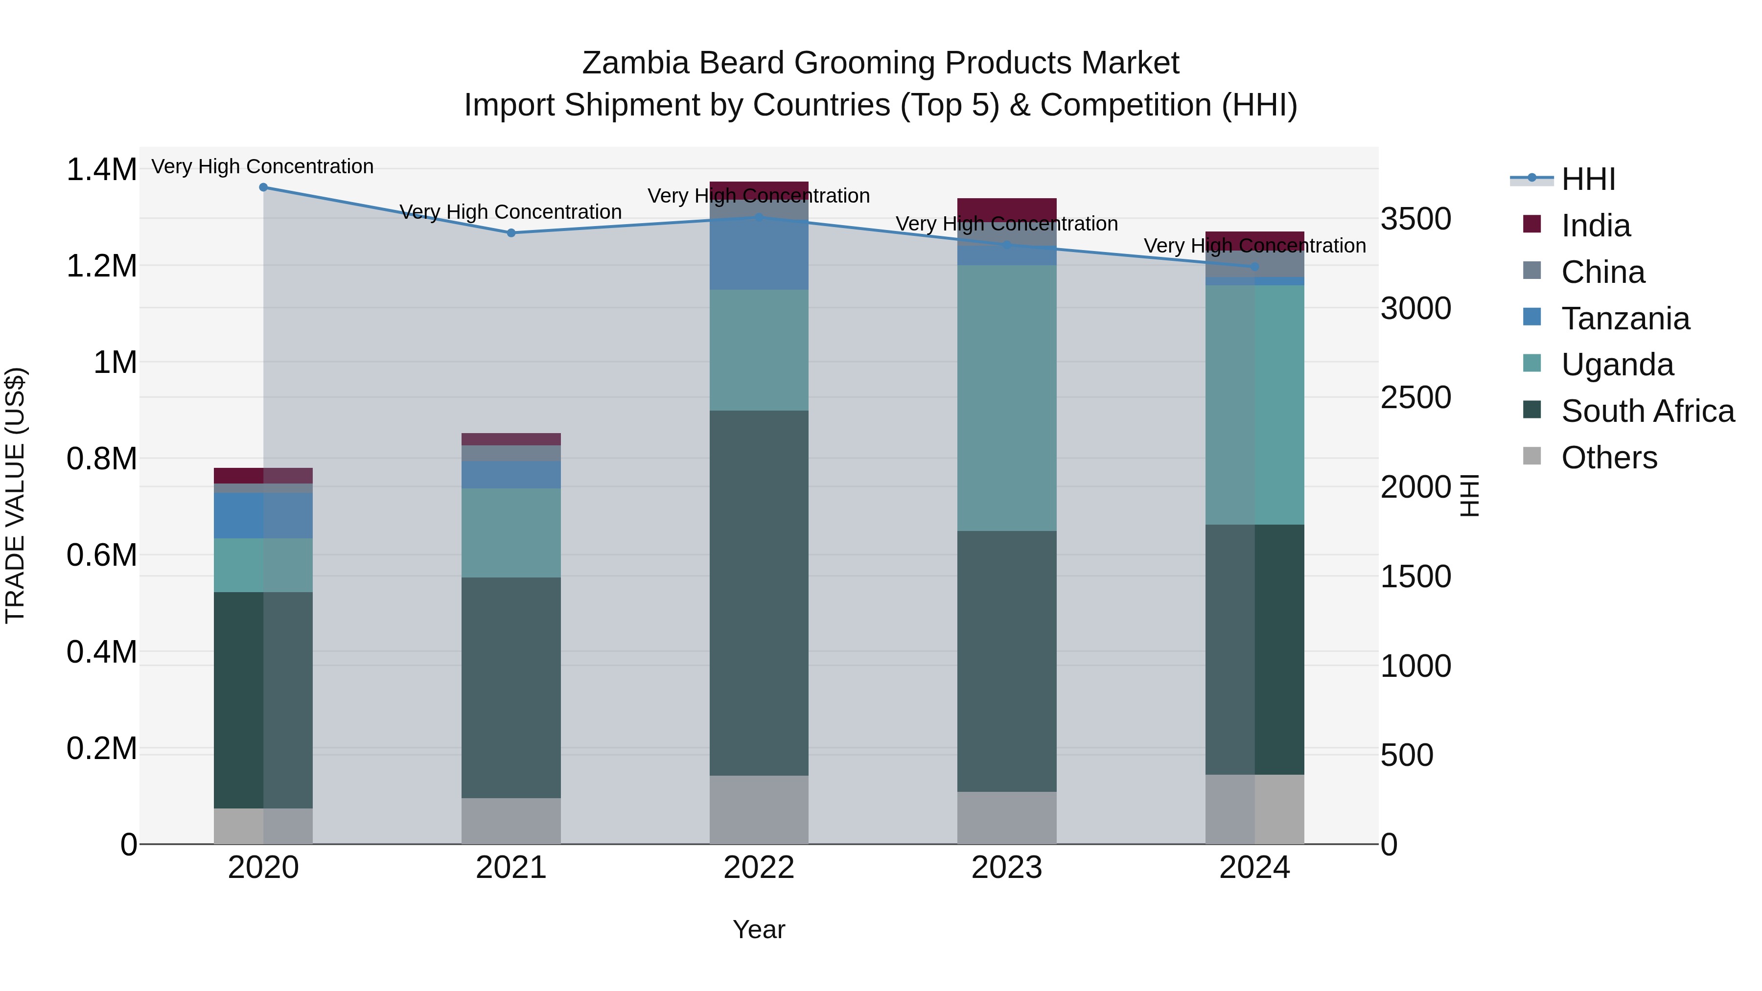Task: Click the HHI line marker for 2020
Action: [263, 187]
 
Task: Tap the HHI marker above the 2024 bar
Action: [1254, 267]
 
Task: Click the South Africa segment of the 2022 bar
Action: [759, 592]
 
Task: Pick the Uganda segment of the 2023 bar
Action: [1006, 397]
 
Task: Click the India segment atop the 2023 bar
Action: [1006, 208]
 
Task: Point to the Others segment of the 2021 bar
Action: [511, 821]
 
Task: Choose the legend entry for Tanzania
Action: [1625, 319]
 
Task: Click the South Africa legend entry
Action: [1647, 411]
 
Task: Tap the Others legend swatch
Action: [1532, 456]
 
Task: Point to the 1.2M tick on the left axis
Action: [101, 266]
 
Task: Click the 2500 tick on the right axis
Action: [1415, 397]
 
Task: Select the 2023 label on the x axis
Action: [1006, 868]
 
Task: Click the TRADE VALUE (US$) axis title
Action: [15, 495]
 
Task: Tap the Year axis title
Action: [759, 929]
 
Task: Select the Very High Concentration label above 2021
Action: [511, 212]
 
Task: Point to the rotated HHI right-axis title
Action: [1469, 495]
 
